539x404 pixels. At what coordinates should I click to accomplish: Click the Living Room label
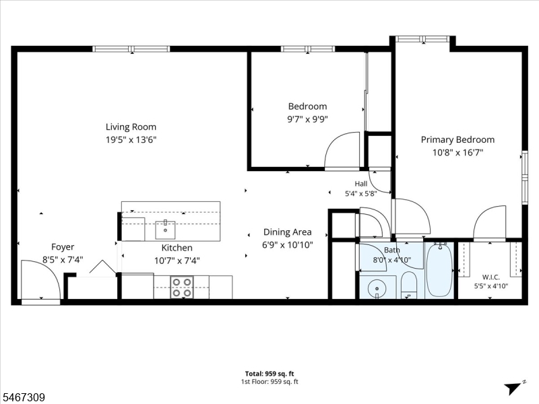[131, 127]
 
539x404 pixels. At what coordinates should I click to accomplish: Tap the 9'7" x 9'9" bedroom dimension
[308, 119]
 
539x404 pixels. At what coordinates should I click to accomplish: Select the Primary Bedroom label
[457, 139]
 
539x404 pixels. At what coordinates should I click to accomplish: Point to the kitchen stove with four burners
[182, 288]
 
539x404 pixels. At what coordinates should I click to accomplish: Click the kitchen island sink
[165, 230]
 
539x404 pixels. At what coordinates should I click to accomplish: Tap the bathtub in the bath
[439, 270]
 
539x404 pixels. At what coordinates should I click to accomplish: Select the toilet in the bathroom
[409, 285]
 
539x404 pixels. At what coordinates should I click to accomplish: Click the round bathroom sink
[377, 288]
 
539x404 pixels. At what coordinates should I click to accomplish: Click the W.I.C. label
[491, 277]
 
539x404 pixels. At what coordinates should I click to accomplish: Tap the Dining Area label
[288, 232]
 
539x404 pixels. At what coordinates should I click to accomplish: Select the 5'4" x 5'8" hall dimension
[361, 194]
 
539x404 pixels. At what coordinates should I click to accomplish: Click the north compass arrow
[513, 388]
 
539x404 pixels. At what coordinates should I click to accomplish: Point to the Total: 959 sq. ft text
[269, 374]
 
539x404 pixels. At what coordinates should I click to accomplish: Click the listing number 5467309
[23, 397]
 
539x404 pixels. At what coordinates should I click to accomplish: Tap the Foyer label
[63, 246]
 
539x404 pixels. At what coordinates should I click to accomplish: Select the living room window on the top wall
[131, 48]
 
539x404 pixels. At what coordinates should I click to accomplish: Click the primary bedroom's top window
[422, 39]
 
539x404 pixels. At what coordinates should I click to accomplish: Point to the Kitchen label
[177, 248]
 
